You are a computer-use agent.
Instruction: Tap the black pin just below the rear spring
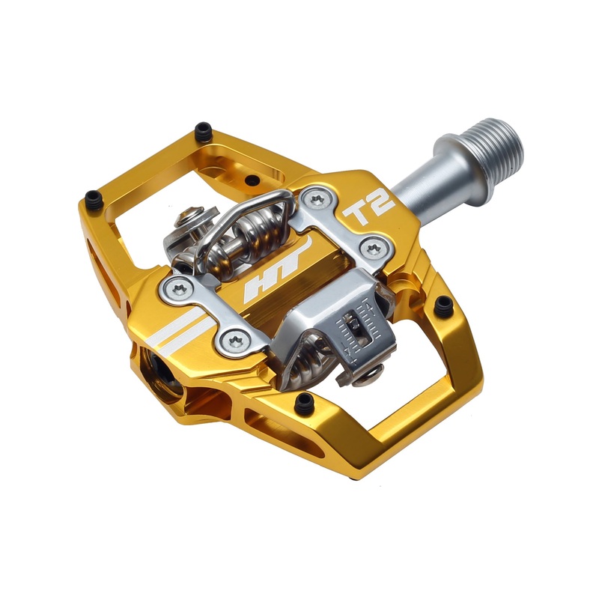click(x=304, y=403)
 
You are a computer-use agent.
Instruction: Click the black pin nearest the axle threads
click(x=444, y=305)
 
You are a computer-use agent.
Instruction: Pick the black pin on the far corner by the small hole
click(x=203, y=133)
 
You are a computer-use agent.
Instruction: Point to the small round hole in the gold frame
click(x=252, y=180)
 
